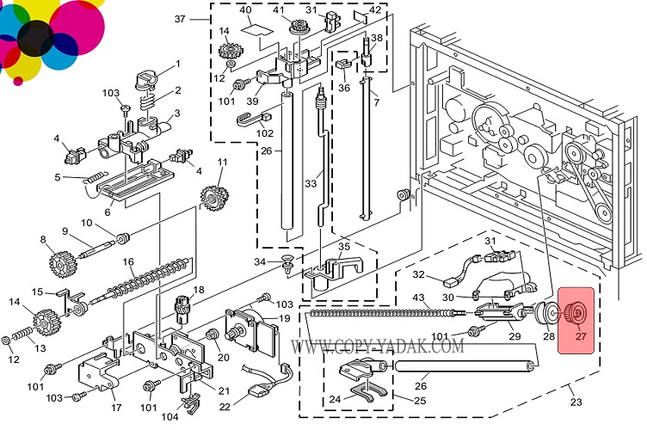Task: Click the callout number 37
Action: click(x=180, y=19)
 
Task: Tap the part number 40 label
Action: click(x=245, y=10)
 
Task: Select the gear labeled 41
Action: click(x=302, y=26)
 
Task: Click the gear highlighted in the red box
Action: click(x=577, y=312)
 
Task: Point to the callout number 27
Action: click(x=581, y=337)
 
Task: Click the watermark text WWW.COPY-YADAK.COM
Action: click(x=379, y=347)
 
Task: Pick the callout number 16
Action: click(x=128, y=261)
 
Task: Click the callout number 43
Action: click(x=419, y=298)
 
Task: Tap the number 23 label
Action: click(x=576, y=401)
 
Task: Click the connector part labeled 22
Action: click(x=256, y=395)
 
